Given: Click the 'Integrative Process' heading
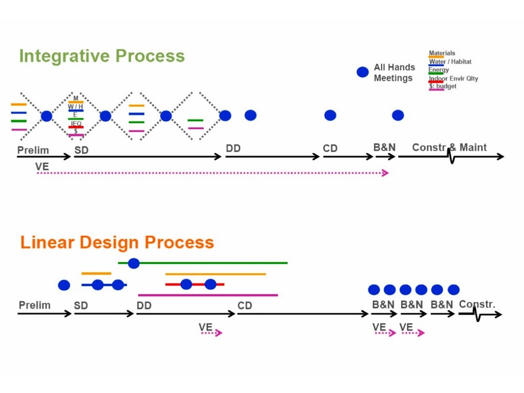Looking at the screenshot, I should [x=102, y=56].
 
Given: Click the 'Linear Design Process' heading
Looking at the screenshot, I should [x=117, y=242].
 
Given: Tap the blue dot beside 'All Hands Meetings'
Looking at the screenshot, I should [x=362, y=72].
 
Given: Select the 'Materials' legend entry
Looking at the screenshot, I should [x=442, y=53].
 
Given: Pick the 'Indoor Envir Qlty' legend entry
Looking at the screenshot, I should [x=453, y=78].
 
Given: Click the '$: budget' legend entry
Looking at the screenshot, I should [x=443, y=86].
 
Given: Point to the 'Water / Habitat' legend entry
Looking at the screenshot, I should [x=450, y=62].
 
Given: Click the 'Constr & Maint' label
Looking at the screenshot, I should [x=449, y=147].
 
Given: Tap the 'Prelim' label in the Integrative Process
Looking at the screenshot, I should [x=33, y=150].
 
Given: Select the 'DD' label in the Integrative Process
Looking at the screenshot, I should [x=233, y=148].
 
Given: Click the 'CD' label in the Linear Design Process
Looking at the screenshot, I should [x=245, y=305].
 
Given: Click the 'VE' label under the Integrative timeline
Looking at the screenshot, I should [x=42, y=166].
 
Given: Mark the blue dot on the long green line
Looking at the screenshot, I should [x=134, y=264].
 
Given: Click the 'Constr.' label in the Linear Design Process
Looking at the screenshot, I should [x=477, y=304].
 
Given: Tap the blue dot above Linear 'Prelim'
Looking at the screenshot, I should [x=64, y=285].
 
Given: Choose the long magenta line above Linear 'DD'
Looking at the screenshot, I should [x=208, y=295].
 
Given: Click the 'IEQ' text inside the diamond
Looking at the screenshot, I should [x=76, y=123].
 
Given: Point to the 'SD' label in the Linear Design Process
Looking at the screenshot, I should [x=81, y=305].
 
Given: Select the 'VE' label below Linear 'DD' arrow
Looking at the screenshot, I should [x=205, y=327].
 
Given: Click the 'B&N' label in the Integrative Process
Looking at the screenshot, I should [x=384, y=147].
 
